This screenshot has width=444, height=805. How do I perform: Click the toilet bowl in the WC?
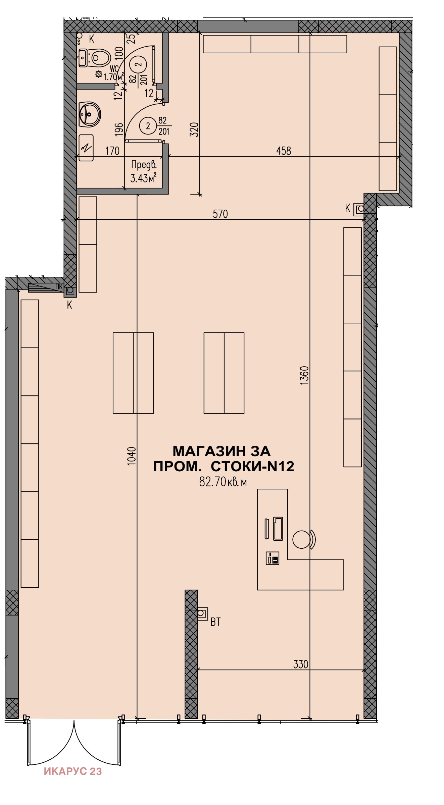(x=99, y=58)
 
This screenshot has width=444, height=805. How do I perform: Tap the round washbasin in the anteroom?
(x=89, y=114)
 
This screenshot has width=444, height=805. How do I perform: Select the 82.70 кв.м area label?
(x=223, y=482)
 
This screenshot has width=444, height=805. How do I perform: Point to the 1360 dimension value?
(x=304, y=375)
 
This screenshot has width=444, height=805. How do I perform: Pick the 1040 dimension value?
(x=132, y=455)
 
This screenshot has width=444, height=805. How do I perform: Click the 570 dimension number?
(x=220, y=214)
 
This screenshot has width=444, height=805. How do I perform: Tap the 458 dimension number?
(x=284, y=151)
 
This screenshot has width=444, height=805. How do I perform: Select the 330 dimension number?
(x=301, y=664)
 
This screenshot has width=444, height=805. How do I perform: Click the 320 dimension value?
(x=194, y=129)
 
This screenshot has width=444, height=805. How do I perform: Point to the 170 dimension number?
(x=112, y=151)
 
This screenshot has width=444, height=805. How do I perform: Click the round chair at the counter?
(x=301, y=539)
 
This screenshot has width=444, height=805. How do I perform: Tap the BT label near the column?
(x=215, y=622)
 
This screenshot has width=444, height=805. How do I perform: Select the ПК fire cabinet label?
(x=59, y=286)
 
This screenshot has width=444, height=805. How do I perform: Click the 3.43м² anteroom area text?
(x=144, y=178)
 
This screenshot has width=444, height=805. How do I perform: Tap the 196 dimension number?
(x=119, y=129)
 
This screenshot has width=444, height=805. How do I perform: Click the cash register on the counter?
(x=273, y=558)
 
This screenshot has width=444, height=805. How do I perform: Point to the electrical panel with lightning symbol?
(x=86, y=148)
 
